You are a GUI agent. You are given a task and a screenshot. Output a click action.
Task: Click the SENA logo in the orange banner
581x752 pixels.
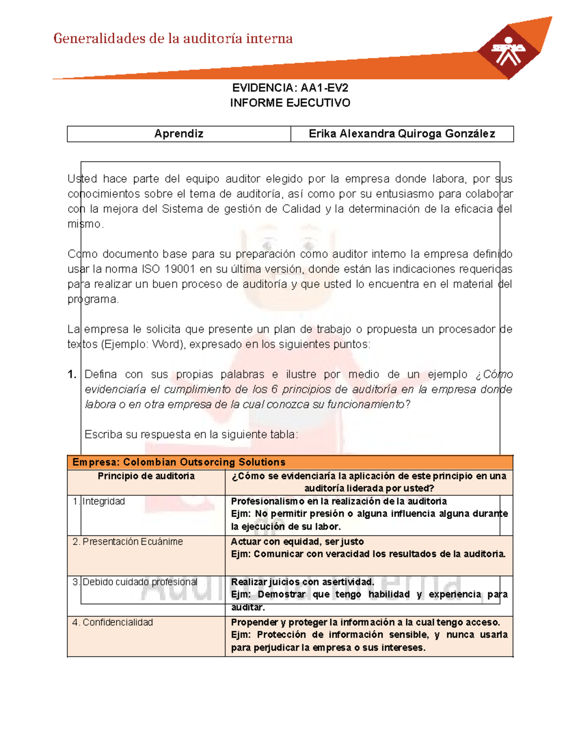point(508,51)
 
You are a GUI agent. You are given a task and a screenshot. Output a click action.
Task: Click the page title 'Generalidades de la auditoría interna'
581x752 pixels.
point(173,39)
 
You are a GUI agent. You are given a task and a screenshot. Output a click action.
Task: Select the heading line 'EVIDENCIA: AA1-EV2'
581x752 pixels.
point(290,88)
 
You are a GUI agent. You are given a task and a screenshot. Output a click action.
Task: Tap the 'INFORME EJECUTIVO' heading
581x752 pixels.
point(290,103)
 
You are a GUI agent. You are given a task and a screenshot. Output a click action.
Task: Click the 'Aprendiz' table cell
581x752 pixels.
point(179,134)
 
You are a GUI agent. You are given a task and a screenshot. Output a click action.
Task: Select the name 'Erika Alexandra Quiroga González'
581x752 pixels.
point(402,134)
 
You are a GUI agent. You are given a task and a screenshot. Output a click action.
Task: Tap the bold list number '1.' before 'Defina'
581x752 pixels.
point(72,374)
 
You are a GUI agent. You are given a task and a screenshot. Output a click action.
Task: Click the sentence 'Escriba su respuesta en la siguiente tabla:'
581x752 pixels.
point(191,434)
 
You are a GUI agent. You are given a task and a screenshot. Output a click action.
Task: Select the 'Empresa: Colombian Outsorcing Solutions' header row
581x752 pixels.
point(179,462)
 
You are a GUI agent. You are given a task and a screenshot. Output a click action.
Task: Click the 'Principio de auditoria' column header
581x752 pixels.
point(146,476)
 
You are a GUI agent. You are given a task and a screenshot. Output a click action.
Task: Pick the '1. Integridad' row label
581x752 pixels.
point(99,501)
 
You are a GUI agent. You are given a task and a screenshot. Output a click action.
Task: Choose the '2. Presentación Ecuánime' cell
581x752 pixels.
point(128,541)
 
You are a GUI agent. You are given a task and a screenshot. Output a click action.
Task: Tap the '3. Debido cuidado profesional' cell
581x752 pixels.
point(135,582)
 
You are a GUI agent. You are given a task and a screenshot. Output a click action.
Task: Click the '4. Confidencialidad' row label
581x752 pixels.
point(113,622)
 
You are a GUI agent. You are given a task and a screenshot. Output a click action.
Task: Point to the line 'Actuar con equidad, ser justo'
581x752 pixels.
point(297,541)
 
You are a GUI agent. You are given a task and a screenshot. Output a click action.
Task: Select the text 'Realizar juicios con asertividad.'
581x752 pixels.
point(303,582)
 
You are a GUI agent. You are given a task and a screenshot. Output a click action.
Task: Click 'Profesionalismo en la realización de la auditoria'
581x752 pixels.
point(339,501)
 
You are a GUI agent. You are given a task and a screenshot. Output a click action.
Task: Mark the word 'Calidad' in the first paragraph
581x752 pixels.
point(301,209)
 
